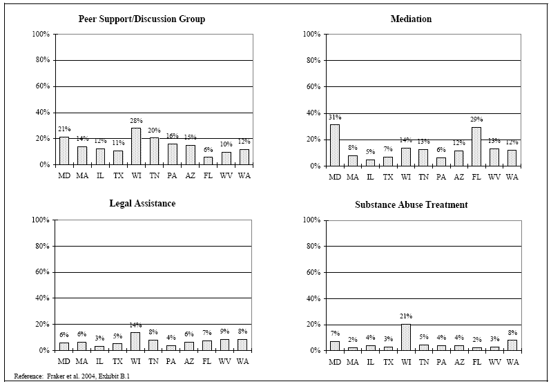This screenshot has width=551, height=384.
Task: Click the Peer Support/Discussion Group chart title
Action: pyautogui.click(x=142, y=19)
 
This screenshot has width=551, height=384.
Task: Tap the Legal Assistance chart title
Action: pyautogui.click(x=142, y=203)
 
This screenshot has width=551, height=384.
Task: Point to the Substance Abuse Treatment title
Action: pyautogui.click(x=412, y=204)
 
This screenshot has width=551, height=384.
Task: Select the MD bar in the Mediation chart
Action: pyautogui.click(x=335, y=145)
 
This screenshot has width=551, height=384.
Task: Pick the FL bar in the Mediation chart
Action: pyautogui.click(x=476, y=146)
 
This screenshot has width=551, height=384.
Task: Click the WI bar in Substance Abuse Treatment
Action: pyautogui.click(x=406, y=337)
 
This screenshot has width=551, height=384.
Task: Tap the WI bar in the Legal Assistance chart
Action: pyautogui.click(x=136, y=341)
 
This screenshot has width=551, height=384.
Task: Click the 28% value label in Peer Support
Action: pyautogui.click(x=136, y=121)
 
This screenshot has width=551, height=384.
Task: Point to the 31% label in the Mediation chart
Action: pyautogui.click(x=335, y=117)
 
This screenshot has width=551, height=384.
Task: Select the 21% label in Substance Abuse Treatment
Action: pyautogui.click(x=406, y=317)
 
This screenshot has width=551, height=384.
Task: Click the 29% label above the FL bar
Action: pyautogui.click(x=476, y=120)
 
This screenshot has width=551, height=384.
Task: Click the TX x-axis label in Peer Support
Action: pyautogui.click(x=118, y=175)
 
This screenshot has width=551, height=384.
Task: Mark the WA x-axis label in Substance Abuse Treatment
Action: pyautogui.click(x=512, y=361)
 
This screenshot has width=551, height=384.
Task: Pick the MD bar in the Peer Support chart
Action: pyautogui.click(x=64, y=151)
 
